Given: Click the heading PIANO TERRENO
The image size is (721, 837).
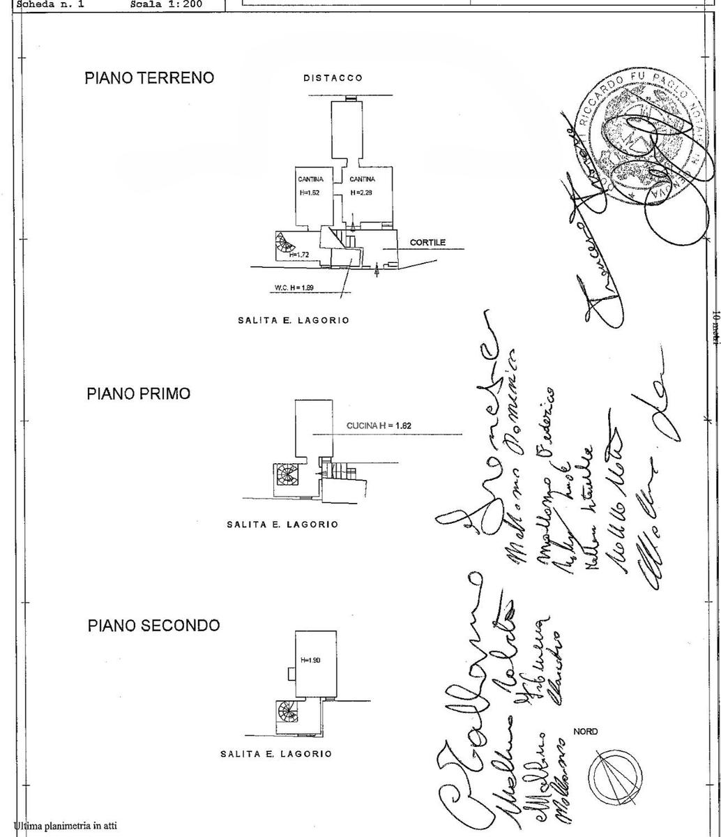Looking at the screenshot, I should coord(149,77).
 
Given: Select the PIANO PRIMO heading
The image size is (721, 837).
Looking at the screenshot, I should coord(138,393).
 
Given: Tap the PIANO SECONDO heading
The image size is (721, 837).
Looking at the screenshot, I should coord(153,625).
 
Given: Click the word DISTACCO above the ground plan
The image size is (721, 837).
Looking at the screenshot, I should coord(333,78).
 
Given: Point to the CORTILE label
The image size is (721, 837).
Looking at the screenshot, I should coord(427,243).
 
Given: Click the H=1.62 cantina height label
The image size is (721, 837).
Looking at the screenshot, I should coord(309,193).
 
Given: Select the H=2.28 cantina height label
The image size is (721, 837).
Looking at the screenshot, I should coord(362,193).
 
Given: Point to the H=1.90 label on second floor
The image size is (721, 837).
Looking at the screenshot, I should coord(310,660).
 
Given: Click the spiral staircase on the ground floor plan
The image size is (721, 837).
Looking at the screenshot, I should coord(284,244).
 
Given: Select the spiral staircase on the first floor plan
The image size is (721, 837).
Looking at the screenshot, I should coord(287,476).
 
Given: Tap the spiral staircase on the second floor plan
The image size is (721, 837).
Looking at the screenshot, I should coord(287,712).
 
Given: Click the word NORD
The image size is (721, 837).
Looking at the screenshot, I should coord(585,732).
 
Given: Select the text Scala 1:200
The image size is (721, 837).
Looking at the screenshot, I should coord(166,3).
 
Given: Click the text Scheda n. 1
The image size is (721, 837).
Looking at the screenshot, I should coord(50,3).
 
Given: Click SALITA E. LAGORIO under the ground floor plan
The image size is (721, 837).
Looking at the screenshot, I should coord(293,320).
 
